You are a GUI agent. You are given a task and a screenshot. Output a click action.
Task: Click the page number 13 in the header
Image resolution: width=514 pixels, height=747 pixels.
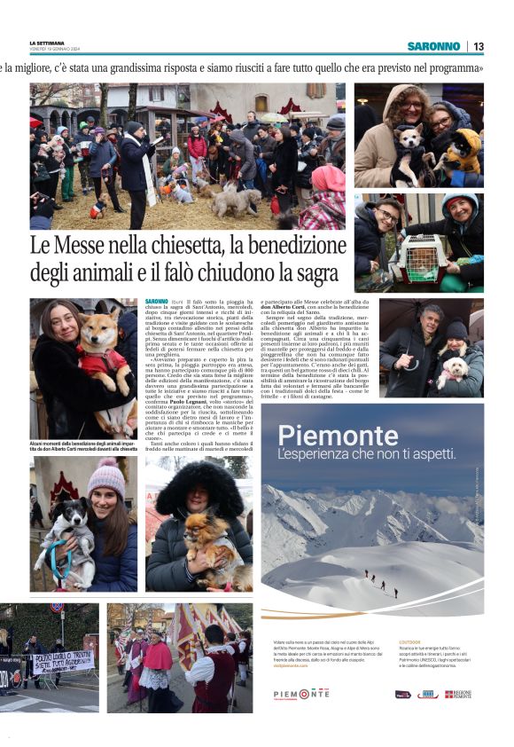click(x=478, y=46)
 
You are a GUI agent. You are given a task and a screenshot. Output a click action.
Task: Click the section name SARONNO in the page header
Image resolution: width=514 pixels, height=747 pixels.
click(x=433, y=46)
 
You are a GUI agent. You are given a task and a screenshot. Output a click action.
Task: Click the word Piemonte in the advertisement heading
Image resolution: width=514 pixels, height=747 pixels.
click(x=324, y=435)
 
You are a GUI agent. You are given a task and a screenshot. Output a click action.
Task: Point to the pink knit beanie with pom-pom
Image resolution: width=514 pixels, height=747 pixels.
click(x=106, y=478)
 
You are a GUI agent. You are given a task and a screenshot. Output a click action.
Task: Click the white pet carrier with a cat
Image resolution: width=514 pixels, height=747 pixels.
click(x=420, y=258)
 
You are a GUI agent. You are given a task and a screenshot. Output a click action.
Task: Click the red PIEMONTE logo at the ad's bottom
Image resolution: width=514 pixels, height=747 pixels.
click(x=300, y=694)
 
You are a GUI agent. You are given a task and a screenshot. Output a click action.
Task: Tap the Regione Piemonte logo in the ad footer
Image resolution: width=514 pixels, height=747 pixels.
click(x=458, y=694)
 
